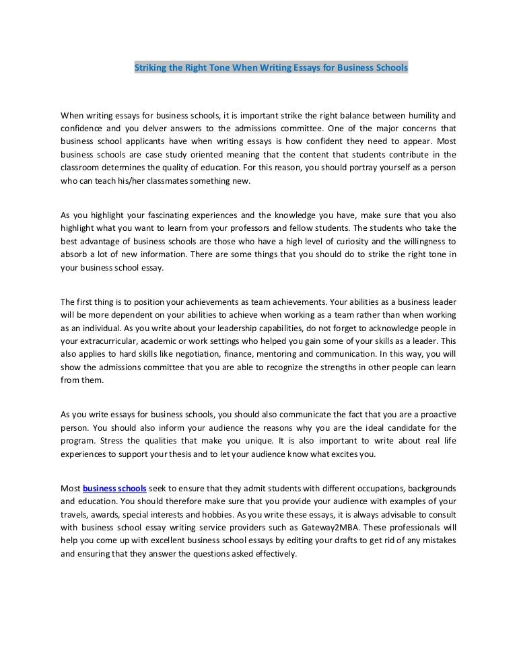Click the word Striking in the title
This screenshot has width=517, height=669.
pyautogui.click(x=151, y=68)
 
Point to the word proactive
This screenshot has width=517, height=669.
pyautogui.click(x=432, y=414)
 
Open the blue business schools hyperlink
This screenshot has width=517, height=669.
pyautogui.click(x=114, y=487)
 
